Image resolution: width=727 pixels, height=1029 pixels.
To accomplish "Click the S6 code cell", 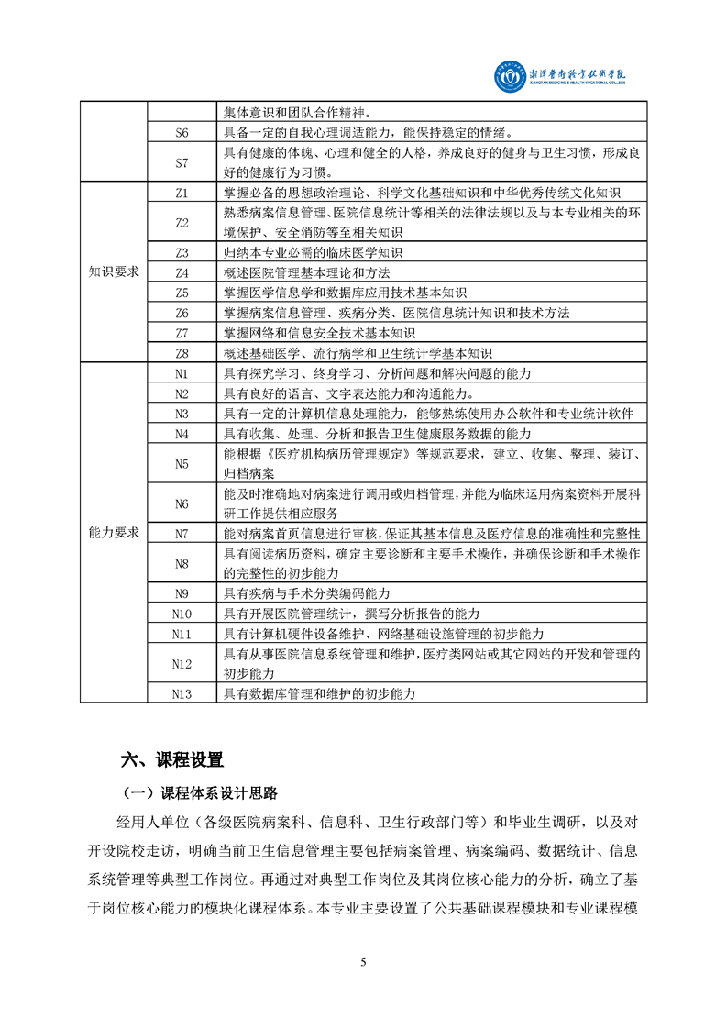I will point(182,133).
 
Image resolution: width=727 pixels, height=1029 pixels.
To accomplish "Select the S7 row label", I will point(182,162).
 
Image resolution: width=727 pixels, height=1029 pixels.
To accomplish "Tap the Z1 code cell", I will point(182,193).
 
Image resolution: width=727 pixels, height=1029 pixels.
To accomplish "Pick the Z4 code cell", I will point(182,272).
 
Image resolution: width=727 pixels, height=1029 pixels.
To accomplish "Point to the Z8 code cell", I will point(182,352).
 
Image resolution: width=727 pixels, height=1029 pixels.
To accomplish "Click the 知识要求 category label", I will point(114,272).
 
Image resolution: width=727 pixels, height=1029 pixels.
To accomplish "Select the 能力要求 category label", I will point(114,532).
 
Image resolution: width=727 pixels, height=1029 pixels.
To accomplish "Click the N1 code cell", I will point(182,373).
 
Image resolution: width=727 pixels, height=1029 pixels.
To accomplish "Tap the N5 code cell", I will point(182,463).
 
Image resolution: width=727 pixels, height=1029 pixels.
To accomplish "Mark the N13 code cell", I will point(182,693).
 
